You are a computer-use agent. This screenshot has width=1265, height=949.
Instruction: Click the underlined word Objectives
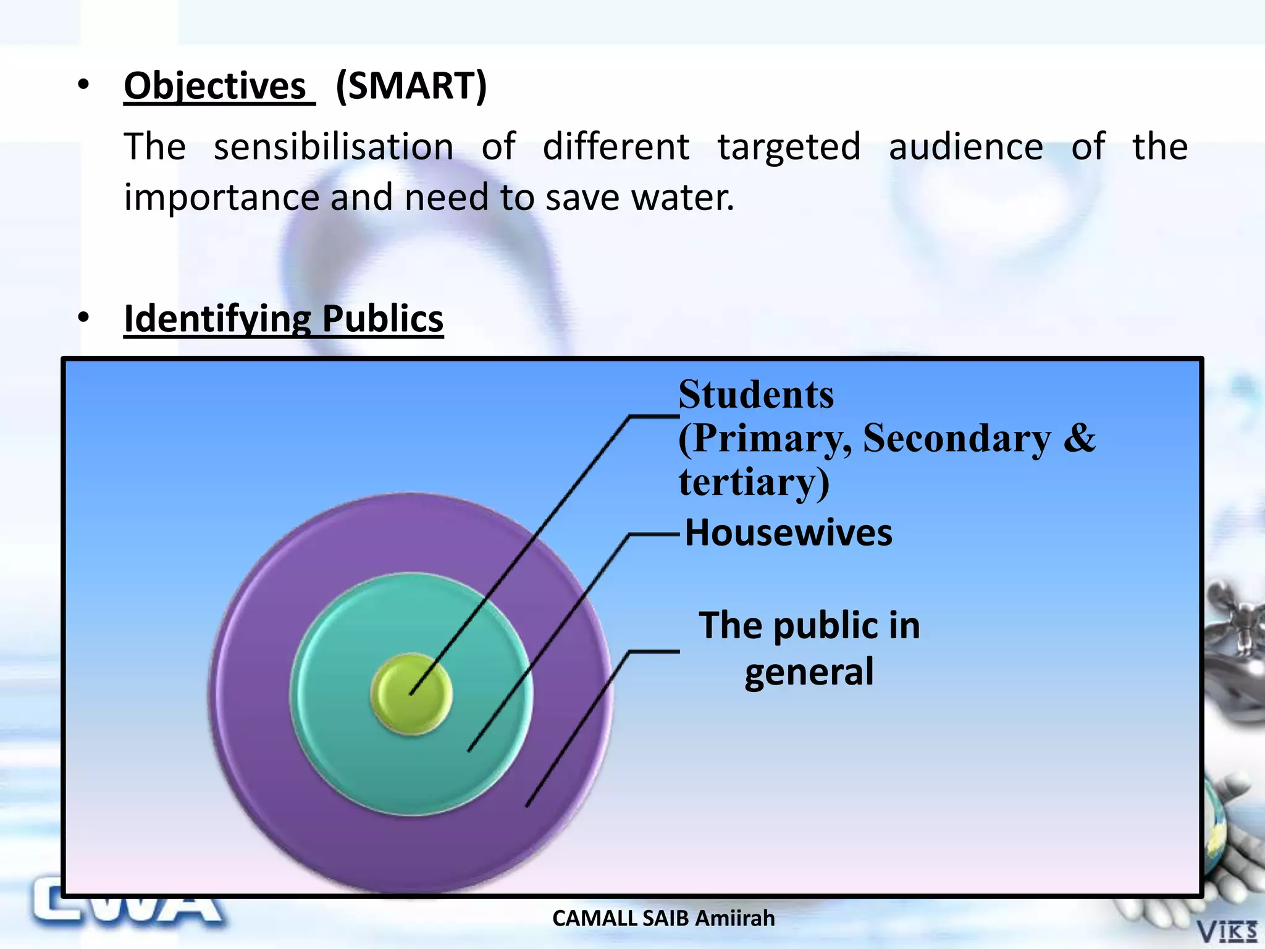215,85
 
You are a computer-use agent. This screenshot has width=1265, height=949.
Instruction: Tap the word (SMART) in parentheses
411,85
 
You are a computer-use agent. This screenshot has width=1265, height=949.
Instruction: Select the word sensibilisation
334,147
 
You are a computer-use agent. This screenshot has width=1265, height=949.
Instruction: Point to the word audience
965,147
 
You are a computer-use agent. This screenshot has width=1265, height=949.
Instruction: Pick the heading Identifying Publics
284,319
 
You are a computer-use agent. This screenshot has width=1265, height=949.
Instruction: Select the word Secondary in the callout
956,438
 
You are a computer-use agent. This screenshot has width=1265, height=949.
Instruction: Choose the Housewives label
788,533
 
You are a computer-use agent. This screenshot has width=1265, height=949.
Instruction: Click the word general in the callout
809,672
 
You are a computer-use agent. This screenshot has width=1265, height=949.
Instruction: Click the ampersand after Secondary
1079,438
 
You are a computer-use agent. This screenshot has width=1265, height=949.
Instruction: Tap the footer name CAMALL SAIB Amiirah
663,919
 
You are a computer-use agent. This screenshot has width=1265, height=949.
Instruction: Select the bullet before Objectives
83,85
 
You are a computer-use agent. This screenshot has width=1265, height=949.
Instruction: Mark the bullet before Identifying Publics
83,318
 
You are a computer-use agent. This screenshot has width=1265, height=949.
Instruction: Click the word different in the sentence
616,147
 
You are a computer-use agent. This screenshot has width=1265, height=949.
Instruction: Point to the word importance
221,198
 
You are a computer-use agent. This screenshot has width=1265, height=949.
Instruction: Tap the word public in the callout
825,625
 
